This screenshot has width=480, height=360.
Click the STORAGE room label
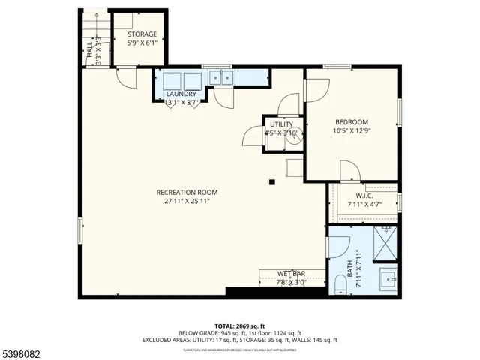point(142,34)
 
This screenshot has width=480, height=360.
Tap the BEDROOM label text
point(351,122)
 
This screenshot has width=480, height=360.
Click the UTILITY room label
point(282,124)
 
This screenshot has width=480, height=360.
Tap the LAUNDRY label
point(181,94)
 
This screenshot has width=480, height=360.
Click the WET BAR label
point(291,274)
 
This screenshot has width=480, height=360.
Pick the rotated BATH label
point(349,267)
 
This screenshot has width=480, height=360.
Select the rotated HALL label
point(90,51)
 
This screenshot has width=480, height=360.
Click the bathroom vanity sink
point(388,277)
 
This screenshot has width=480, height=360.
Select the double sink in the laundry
point(220,76)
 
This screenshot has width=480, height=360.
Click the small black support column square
point(273,181)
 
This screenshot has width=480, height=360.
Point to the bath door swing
point(339,247)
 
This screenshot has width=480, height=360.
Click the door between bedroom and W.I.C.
point(349,172)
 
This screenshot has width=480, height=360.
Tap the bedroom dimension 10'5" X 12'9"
point(351,131)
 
